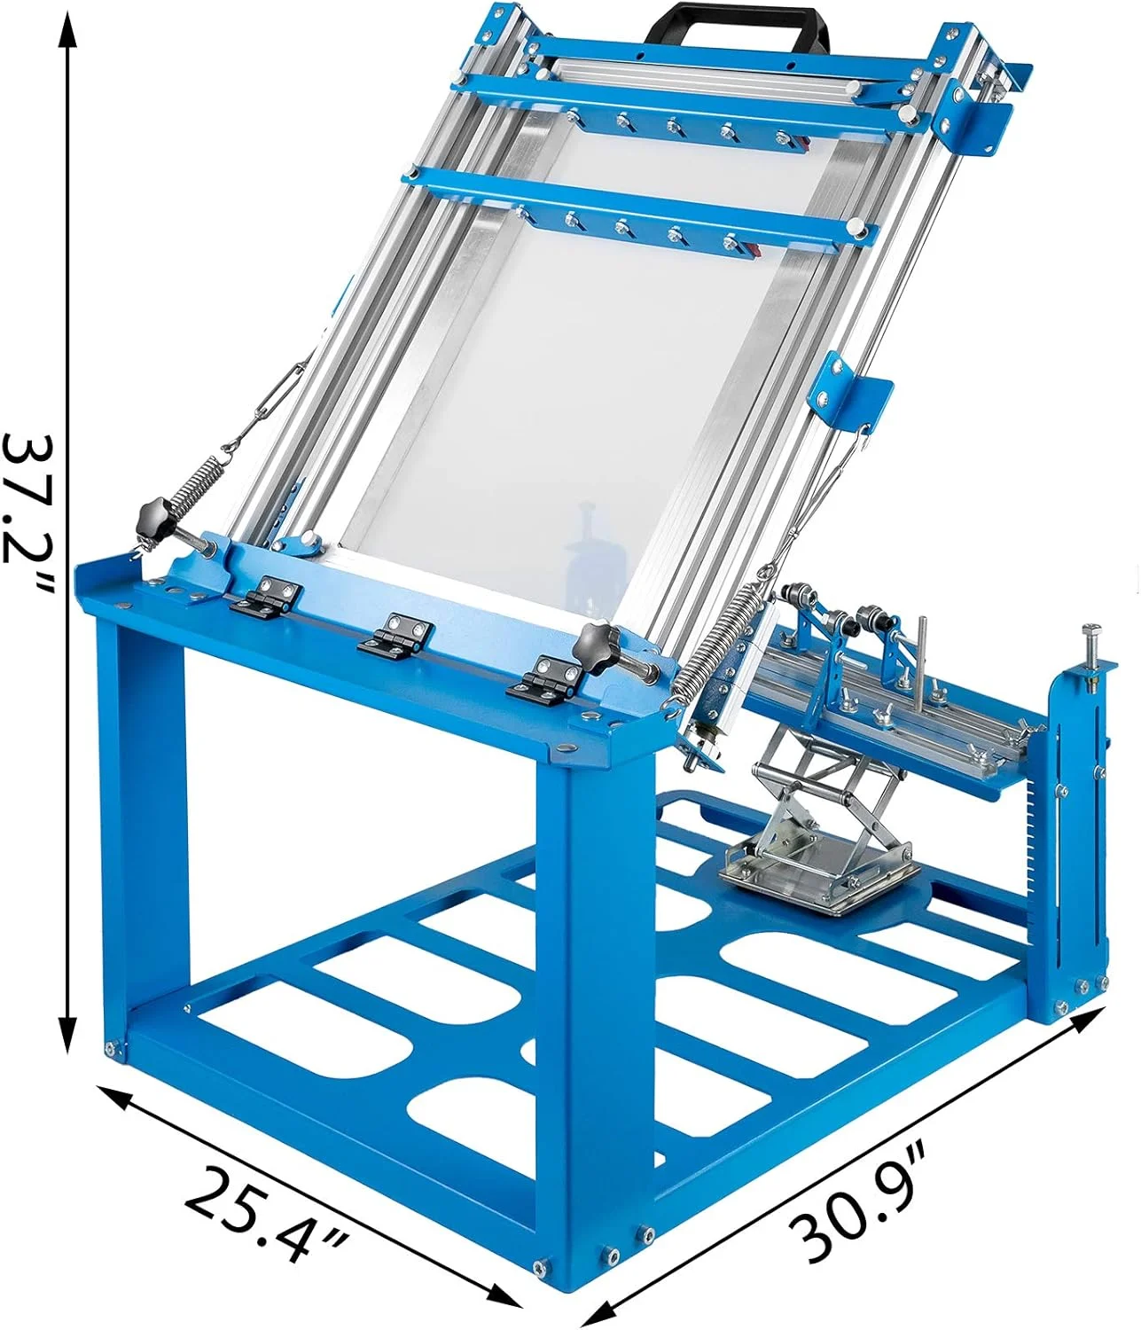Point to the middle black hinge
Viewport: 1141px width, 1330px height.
point(395,635)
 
